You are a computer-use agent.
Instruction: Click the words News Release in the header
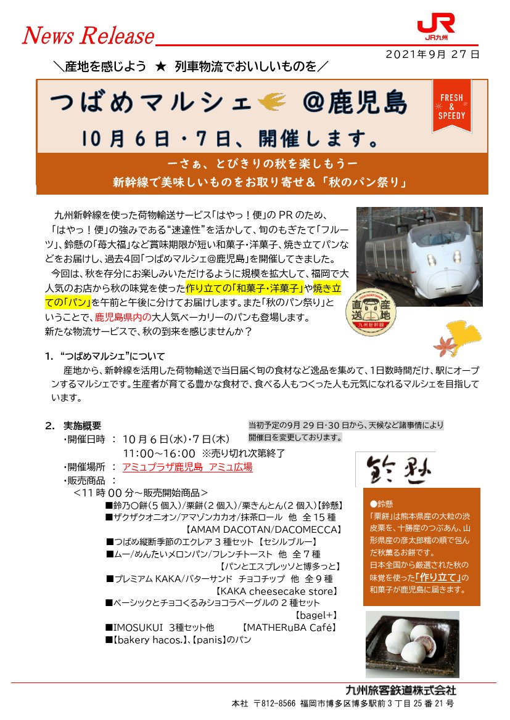click(x=88, y=36)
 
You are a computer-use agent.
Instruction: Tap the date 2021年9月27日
click(x=432, y=54)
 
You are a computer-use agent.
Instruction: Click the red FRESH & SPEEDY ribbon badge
click(x=451, y=106)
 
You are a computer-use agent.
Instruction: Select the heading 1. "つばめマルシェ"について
click(x=105, y=357)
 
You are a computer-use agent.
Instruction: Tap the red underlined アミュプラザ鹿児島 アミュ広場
click(x=187, y=467)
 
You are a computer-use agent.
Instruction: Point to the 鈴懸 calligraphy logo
click(x=395, y=469)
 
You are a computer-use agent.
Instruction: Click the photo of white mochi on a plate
click(x=412, y=644)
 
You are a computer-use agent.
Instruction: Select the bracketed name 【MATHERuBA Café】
click(x=289, y=628)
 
